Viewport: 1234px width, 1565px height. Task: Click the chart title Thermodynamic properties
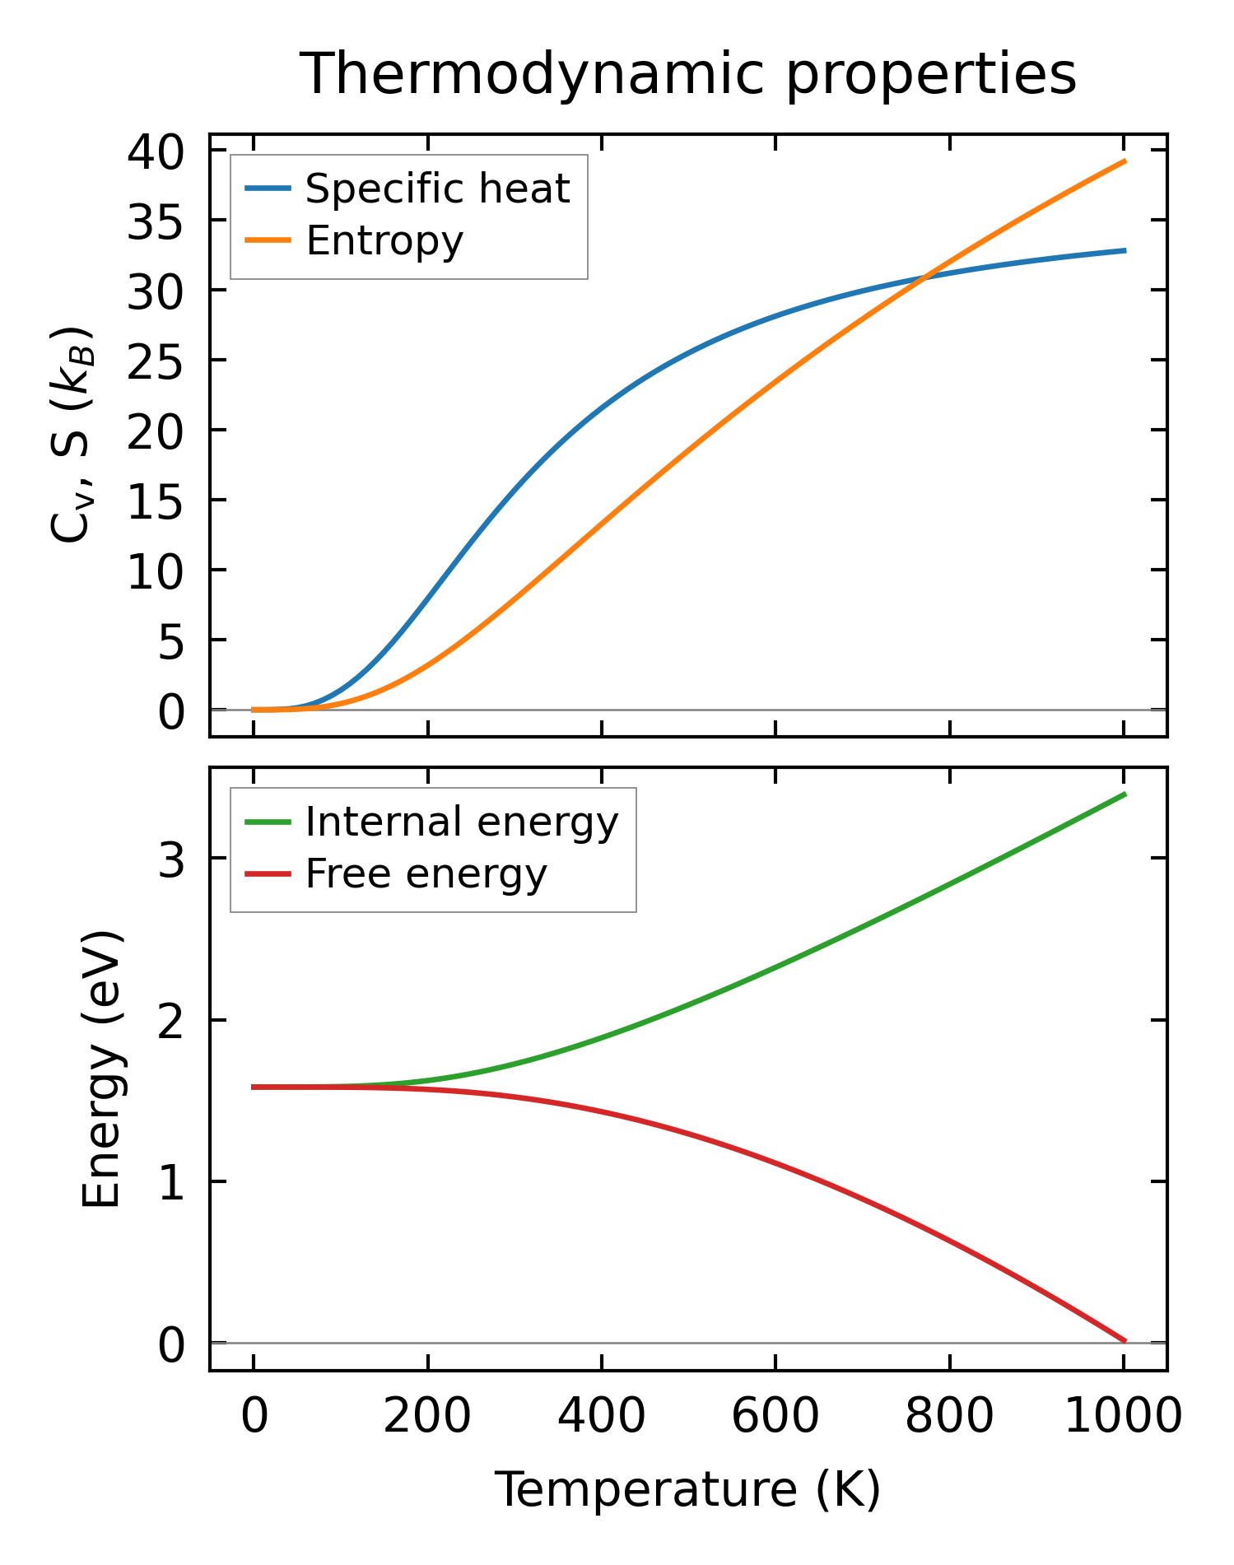coord(687,74)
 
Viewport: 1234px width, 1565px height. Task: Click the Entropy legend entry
coord(384,240)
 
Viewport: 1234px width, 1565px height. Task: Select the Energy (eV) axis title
coord(102,1069)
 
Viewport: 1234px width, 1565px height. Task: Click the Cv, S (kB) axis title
coord(72,435)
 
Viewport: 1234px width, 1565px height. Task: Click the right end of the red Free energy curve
coord(1125,1341)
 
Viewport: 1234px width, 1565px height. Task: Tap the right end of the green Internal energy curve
coord(1125,794)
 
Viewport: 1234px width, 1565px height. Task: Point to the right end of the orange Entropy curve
coord(1125,161)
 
